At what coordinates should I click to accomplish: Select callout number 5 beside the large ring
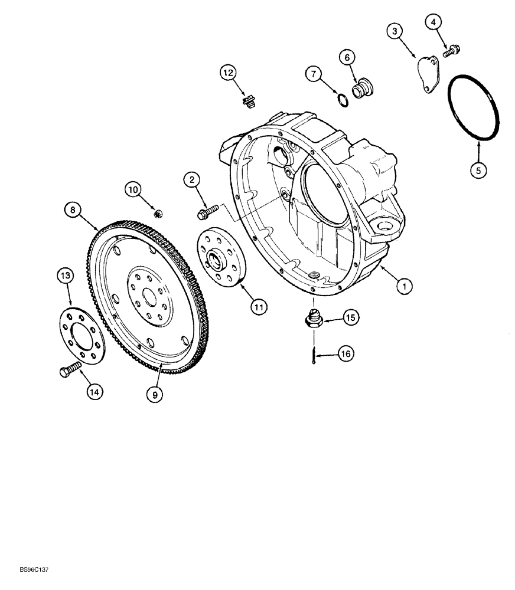click(x=479, y=170)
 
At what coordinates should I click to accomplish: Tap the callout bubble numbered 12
click(x=229, y=73)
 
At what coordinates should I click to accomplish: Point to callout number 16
click(x=345, y=353)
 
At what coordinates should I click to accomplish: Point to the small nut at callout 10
click(x=157, y=212)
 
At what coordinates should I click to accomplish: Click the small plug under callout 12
click(x=248, y=102)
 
